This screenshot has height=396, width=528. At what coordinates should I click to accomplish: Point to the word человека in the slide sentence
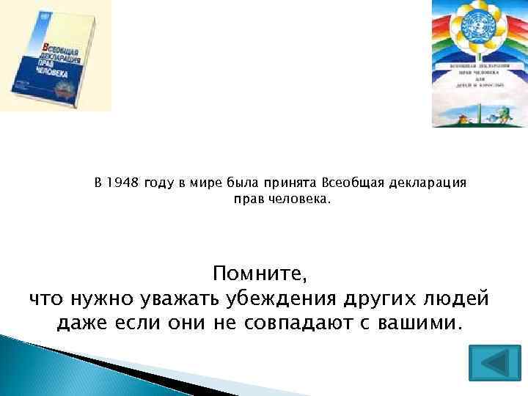303,199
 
